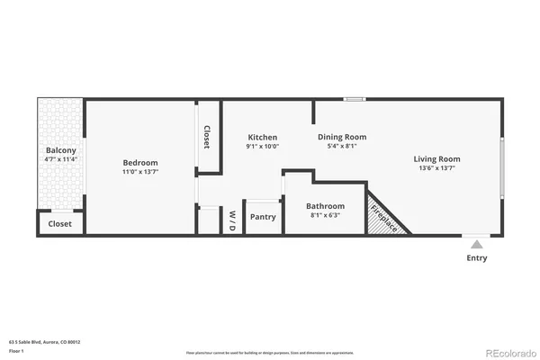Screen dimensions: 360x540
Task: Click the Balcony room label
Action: pyautogui.click(x=61, y=149)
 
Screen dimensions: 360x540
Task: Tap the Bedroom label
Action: pyautogui.click(x=140, y=162)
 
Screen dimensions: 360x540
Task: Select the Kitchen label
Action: pyautogui.click(x=263, y=137)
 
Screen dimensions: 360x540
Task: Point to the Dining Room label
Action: pyautogui.click(x=342, y=137)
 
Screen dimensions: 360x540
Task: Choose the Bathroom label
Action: pyautogui.click(x=325, y=205)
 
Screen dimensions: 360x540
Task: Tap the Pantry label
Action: pyautogui.click(x=263, y=216)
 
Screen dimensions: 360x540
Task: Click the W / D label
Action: pyautogui.click(x=231, y=220)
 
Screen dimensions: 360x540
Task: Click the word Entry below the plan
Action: pyautogui.click(x=476, y=258)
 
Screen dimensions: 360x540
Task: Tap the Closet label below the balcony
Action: pyautogui.click(x=60, y=223)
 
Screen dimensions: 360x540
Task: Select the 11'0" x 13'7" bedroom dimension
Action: pyautogui.click(x=140, y=172)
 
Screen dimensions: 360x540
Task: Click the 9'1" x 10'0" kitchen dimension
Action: pyautogui.click(x=263, y=147)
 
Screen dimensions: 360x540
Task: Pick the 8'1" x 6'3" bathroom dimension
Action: pyautogui.click(x=325, y=215)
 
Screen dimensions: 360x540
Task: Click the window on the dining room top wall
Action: pyautogui.click(x=355, y=99)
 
